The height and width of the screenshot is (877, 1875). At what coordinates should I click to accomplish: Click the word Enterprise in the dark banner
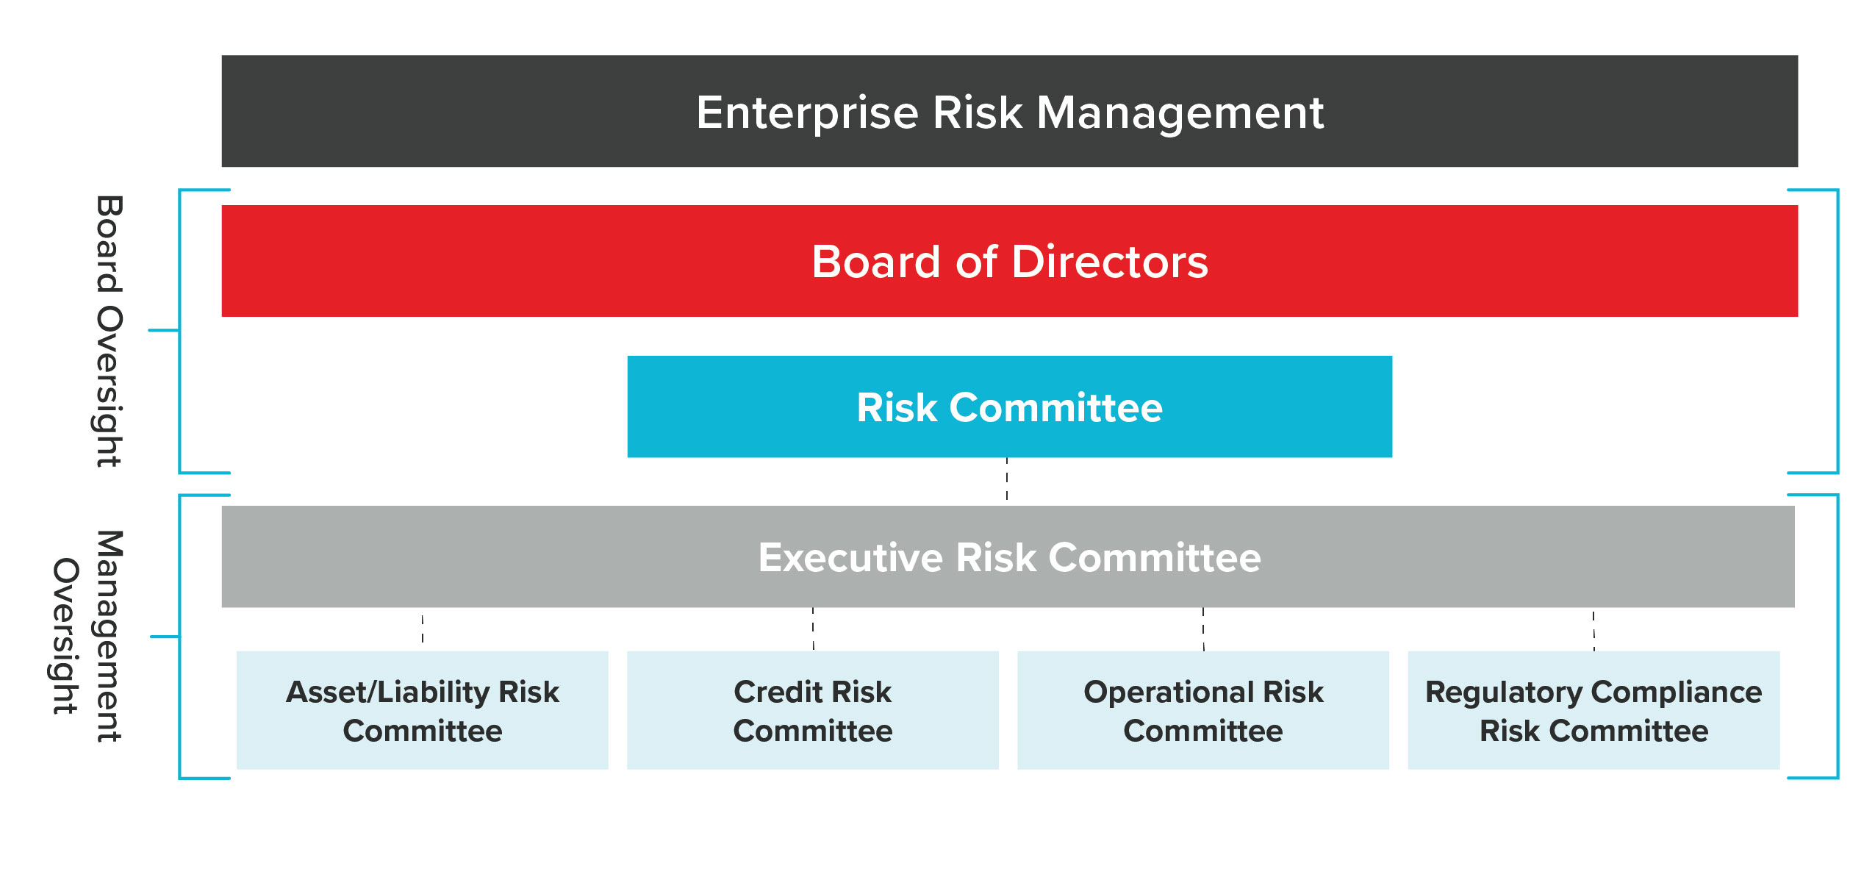click(x=807, y=114)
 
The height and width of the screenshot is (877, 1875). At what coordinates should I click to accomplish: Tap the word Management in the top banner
click(x=1180, y=114)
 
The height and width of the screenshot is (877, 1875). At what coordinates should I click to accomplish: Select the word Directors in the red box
click(x=1110, y=262)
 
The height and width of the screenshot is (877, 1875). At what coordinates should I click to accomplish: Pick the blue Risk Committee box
click(x=1009, y=407)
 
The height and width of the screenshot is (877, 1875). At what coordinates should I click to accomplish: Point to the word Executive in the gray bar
click(x=850, y=557)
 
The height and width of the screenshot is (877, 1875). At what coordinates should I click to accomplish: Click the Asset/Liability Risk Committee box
click(x=422, y=710)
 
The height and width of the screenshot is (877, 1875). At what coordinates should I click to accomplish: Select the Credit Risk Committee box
click(x=812, y=710)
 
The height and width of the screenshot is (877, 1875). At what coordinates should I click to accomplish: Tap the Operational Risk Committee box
click(x=1203, y=710)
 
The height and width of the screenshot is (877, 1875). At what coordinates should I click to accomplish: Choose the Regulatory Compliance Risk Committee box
click(x=1593, y=710)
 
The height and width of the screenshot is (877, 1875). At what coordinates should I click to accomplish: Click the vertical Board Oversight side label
click(x=109, y=331)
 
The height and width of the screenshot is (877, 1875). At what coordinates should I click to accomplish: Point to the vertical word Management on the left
click(x=109, y=636)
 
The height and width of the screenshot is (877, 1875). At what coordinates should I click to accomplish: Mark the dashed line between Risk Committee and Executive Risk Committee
click(x=1007, y=479)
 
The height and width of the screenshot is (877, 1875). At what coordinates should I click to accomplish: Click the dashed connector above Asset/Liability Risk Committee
click(x=423, y=629)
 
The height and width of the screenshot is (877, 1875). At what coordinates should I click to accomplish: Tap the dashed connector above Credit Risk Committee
click(x=813, y=629)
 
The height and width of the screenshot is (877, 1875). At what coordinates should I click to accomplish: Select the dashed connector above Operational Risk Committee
click(x=1203, y=629)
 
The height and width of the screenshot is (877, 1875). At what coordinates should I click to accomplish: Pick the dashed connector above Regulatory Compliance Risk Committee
click(x=1593, y=631)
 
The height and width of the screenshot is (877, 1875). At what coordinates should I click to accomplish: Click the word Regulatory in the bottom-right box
click(x=1504, y=692)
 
